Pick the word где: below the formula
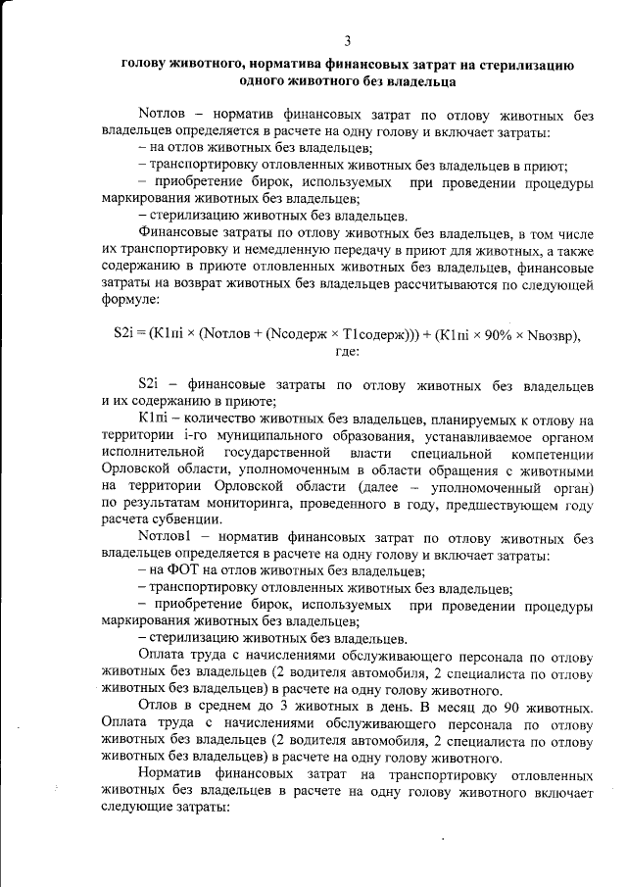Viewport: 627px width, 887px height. tap(348, 351)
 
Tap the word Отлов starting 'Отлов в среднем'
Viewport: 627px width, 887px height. tap(160, 708)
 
